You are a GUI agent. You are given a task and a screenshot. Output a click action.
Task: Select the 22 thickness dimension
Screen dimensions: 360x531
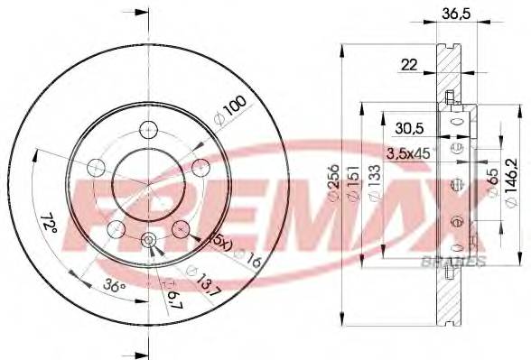pos(408,64)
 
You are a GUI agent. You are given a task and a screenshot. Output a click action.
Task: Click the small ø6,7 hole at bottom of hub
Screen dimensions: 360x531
pos(149,239)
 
